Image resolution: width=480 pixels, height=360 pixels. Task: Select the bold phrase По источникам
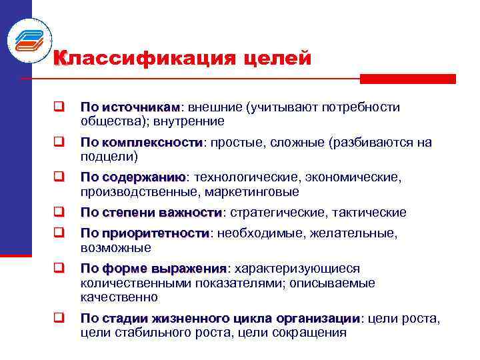130,107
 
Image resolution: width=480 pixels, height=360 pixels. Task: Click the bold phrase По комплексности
141,143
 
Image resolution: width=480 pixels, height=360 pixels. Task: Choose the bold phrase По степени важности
151,213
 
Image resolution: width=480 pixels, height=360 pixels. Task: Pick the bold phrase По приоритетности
145,233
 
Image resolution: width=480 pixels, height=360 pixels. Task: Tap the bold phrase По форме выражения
154,269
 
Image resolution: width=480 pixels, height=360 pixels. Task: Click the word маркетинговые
254,192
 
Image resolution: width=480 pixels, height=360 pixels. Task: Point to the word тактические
373,213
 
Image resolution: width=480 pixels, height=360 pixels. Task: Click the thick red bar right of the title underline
407,79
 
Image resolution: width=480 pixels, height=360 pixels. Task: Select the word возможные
115,248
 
